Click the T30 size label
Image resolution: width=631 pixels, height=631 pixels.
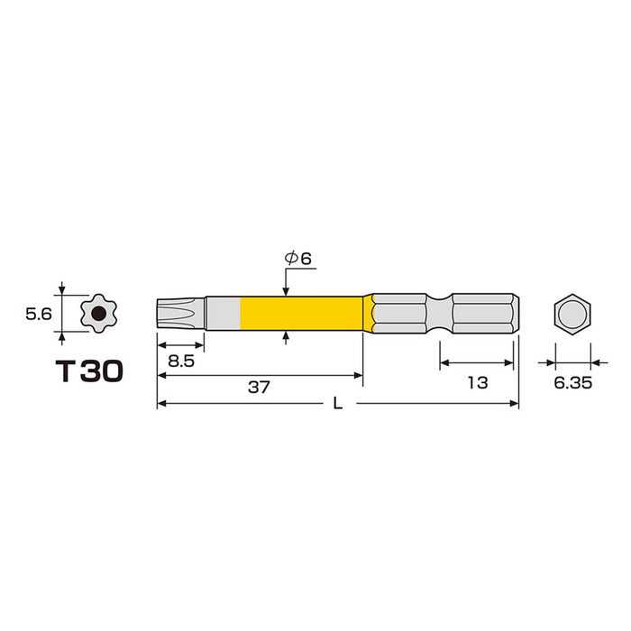[89, 371]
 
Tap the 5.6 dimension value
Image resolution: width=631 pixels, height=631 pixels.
[39, 314]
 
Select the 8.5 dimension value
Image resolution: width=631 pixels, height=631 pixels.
[181, 361]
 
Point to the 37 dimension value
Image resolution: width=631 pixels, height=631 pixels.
[259, 387]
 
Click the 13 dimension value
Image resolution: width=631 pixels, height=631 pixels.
[478, 383]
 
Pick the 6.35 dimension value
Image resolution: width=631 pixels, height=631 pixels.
[573, 383]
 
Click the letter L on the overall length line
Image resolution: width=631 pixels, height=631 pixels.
[338, 404]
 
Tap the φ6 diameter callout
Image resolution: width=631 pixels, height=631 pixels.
[298, 259]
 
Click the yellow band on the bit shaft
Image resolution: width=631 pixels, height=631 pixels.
[302, 314]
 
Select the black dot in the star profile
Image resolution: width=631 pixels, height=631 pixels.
[98, 313]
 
